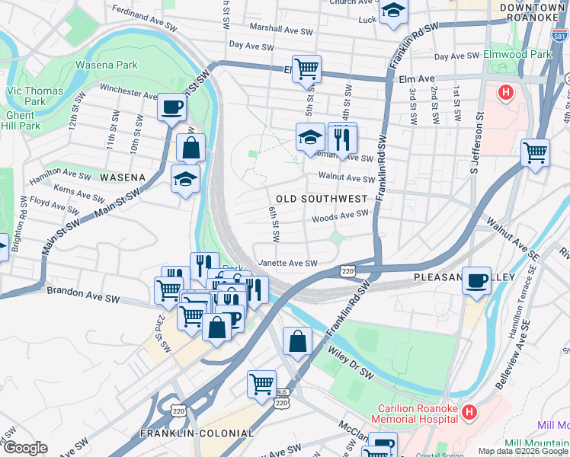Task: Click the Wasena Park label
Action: coord(106,66)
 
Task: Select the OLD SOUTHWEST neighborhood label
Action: coord(322,198)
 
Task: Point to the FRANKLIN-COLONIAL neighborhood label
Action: coord(197,433)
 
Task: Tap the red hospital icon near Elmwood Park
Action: coord(504,93)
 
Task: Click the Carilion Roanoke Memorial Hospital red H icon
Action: coord(469,412)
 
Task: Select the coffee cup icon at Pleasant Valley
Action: coord(477,280)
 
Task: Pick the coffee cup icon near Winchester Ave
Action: coord(171,106)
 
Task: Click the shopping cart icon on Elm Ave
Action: coord(306,68)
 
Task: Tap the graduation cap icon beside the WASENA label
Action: coord(185,179)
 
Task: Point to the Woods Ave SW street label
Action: coord(340,216)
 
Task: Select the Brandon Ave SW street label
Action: coord(84,291)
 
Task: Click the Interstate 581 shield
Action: coord(559,34)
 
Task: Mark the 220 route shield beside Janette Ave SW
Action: coord(348,270)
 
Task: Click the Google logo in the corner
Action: coord(25,448)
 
